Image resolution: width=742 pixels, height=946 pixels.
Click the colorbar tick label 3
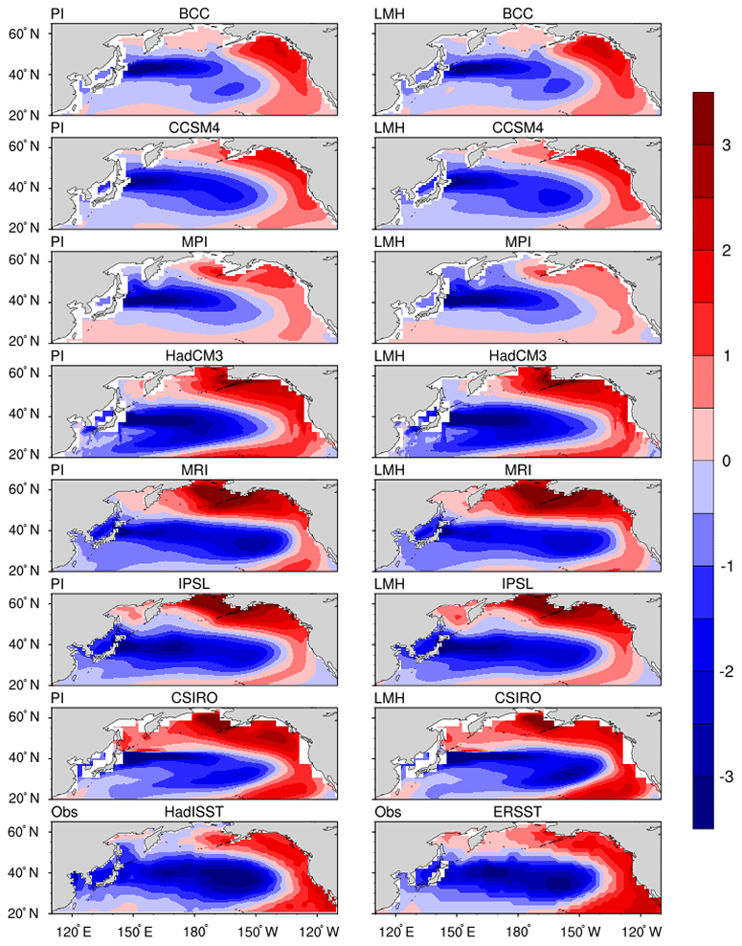725,146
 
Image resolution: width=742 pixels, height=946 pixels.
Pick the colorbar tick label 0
725,461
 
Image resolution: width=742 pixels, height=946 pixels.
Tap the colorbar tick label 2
725,251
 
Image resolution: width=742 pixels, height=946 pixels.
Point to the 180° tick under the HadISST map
196,930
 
